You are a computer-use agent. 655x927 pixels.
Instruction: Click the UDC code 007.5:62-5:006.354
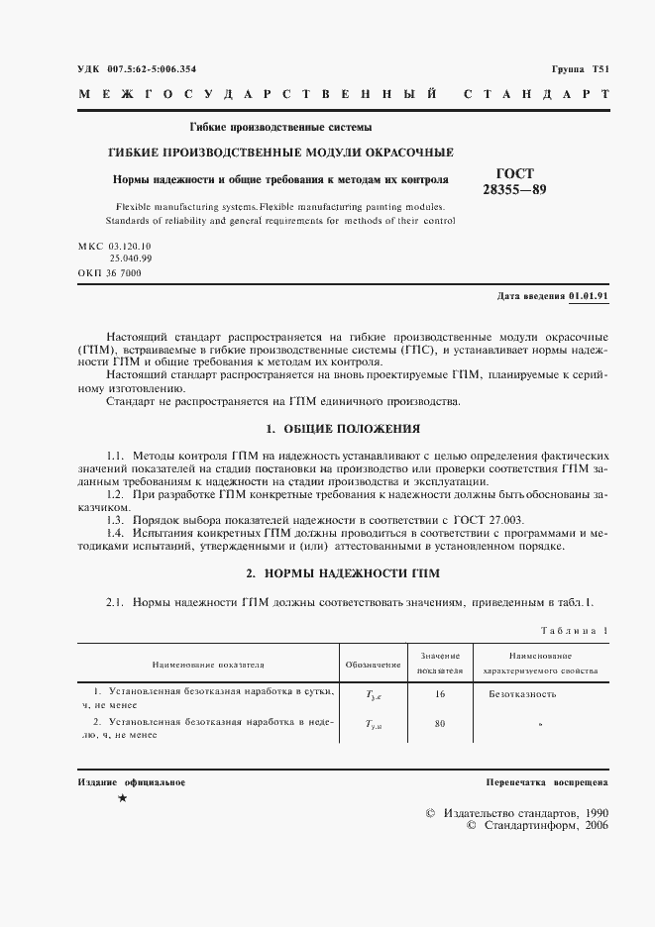[x=152, y=68]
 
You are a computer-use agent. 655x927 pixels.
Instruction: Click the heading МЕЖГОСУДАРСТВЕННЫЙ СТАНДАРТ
[x=342, y=96]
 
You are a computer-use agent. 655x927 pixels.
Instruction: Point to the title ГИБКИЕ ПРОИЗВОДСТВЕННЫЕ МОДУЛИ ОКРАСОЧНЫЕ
[x=280, y=153]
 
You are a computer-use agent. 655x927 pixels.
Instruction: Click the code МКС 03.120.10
[x=114, y=245]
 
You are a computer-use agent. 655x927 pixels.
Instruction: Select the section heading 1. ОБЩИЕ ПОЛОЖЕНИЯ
[x=343, y=429]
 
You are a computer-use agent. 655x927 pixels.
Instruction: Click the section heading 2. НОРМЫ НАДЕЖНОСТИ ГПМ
[x=342, y=573]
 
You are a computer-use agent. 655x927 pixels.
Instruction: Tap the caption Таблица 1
[x=575, y=630]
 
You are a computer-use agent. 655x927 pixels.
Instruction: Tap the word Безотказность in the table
[x=522, y=694]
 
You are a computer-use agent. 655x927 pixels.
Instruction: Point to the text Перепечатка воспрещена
[x=547, y=782]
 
